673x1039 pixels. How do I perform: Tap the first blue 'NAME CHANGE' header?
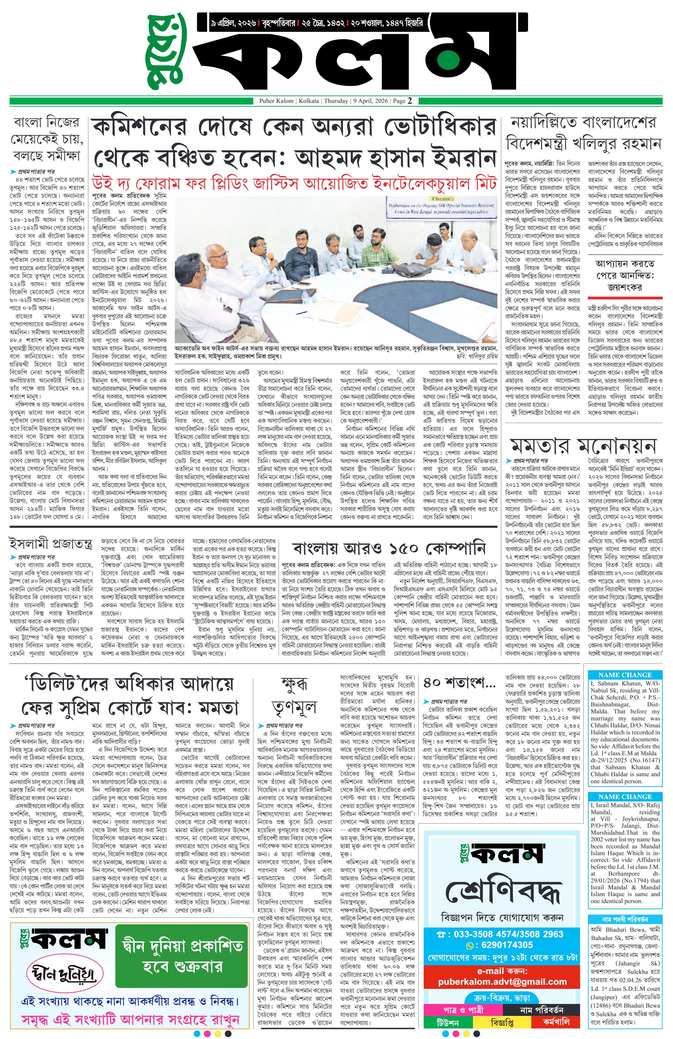tap(625, 675)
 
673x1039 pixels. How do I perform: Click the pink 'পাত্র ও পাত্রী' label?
tap(463, 1010)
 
